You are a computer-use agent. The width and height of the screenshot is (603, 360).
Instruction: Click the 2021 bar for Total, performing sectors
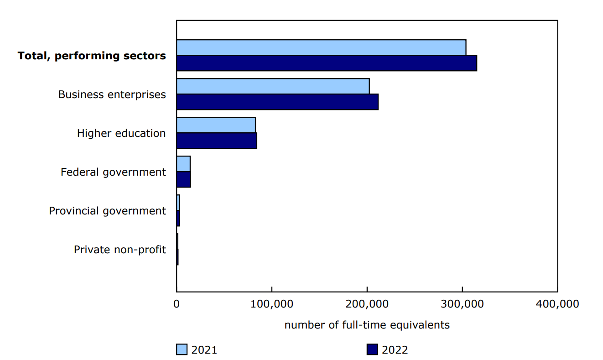[321, 47]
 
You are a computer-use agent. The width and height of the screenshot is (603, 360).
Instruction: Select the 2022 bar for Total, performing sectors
[327, 63]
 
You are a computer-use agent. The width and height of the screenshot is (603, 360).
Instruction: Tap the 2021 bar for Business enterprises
[273, 86]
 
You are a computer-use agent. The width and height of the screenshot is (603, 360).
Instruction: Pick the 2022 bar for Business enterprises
[277, 102]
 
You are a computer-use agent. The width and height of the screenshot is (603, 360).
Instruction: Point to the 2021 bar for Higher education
[216, 125]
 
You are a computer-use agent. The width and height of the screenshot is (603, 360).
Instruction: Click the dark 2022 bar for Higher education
[217, 141]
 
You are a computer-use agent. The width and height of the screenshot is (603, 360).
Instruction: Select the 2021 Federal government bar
[183, 164]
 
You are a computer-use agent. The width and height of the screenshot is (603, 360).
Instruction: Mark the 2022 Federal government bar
[183, 179]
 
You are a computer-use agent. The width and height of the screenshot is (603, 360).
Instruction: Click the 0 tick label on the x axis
[177, 304]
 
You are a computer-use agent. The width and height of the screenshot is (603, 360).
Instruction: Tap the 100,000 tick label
[272, 304]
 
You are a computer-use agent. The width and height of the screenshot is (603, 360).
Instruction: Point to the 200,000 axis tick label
[367, 304]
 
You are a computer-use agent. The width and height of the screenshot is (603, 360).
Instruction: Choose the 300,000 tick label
[463, 304]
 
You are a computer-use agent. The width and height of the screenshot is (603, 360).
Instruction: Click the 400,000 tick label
[557, 304]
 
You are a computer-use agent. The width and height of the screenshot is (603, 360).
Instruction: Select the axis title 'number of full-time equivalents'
[367, 325]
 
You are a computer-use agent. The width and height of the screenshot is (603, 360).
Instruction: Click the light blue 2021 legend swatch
[182, 350]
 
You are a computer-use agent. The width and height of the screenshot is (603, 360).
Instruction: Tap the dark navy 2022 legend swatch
[372, 350]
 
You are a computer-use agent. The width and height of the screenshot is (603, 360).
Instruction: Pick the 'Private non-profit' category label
[120, 250]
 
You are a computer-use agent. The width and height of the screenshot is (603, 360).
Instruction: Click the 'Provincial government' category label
[108, 211]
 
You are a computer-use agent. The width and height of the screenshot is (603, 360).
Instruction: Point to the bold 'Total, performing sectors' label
[92, 56]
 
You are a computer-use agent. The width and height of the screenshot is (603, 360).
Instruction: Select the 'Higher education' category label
[121, 134]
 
